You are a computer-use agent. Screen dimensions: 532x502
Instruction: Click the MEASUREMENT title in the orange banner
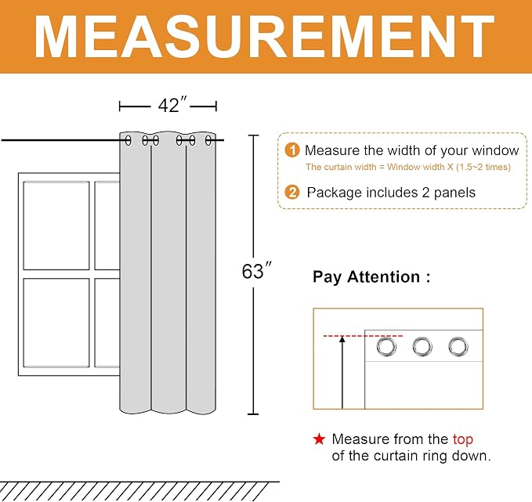[264, 37]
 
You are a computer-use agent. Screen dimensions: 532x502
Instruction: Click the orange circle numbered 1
[292, 150]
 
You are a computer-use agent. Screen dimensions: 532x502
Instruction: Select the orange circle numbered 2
[292, 193]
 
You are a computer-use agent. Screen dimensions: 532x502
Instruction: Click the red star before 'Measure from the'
[319, 439]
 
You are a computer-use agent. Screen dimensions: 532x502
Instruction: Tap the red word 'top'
[463, 440]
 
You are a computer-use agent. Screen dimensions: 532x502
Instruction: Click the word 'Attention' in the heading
[383, 276]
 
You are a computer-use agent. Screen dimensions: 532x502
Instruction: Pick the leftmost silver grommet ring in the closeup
[386, 346]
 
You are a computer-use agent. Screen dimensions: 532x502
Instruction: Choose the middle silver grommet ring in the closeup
[422, 346]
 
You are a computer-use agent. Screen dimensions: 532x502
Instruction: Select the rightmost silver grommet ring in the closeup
[458, 346]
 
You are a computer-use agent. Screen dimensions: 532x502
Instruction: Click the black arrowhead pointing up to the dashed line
[342, 339]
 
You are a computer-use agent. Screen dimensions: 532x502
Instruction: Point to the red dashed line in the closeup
[363, 336]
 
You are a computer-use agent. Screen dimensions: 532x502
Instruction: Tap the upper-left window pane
[56, 226]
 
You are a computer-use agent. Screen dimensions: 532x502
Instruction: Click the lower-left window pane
[56, 323]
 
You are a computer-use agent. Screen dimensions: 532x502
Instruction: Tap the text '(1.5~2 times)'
[483, 167]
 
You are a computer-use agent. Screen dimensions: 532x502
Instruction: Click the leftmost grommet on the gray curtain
[128, 140]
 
